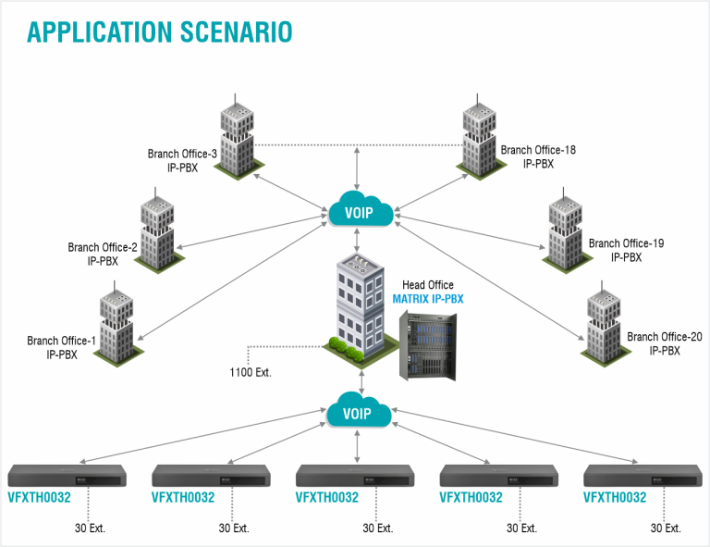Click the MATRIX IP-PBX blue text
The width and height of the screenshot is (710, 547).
(428, 299)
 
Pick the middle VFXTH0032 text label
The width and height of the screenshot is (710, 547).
(326, 497)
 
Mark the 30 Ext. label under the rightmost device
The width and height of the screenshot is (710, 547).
(666, 528)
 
